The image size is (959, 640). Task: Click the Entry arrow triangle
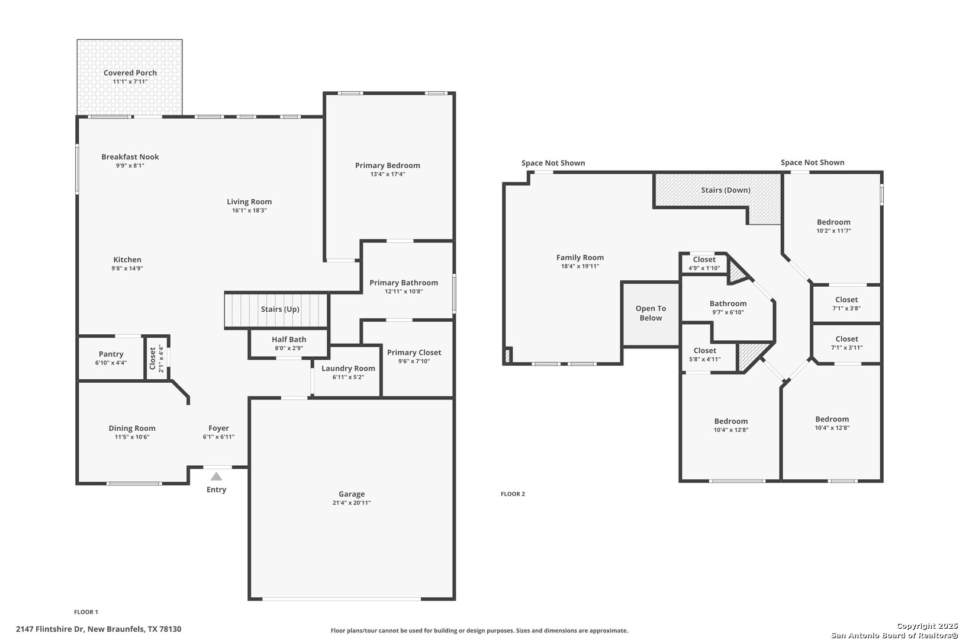[216, 476]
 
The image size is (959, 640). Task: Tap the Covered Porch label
[130, 73]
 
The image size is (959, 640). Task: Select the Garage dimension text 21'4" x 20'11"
[352, 503]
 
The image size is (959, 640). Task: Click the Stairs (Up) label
[280, 309]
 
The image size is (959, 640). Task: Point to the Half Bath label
[289, 340]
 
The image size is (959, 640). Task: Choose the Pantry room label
[111, 354]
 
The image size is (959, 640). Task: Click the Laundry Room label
[348, 368]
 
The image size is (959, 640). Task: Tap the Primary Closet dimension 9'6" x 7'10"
[414, 361]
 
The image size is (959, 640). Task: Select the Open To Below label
[651, 313]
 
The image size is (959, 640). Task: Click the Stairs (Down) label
[726, 190]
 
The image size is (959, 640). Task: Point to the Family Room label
[580, 257]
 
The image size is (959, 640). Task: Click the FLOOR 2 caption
[513, 494]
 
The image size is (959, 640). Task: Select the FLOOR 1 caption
[86, 612]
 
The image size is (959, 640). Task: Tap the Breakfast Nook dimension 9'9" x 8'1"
[130, 166]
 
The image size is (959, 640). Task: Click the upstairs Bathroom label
[728, 303]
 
